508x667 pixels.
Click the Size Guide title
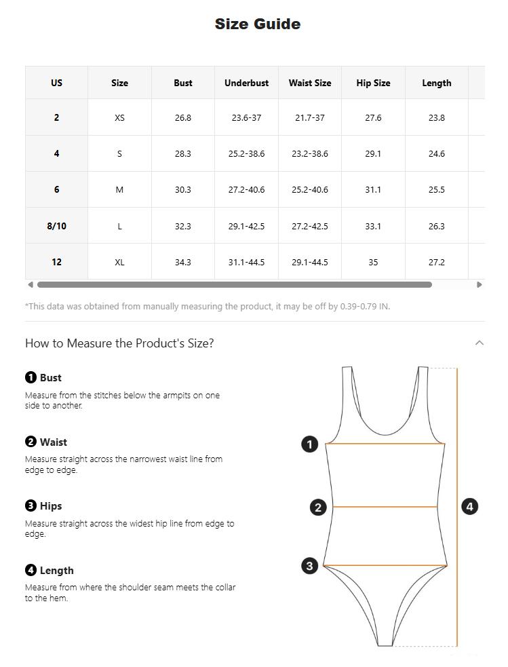258,24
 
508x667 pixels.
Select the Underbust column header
247,83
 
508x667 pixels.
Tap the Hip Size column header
373,83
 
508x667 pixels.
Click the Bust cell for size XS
183,117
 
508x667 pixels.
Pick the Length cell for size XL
437,262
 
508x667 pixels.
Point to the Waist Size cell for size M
310,190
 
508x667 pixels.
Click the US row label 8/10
56,226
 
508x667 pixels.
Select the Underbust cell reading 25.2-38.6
247,153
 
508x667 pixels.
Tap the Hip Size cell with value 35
373,262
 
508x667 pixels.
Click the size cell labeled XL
119,262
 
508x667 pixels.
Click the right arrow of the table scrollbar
480,284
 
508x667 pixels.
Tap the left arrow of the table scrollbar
31,284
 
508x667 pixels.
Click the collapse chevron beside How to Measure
480,343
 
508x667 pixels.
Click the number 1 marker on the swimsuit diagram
309,444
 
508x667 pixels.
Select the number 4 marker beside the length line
470,507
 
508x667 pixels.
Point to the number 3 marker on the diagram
309,566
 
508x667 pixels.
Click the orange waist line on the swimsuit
385,507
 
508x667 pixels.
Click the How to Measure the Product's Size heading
119,343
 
